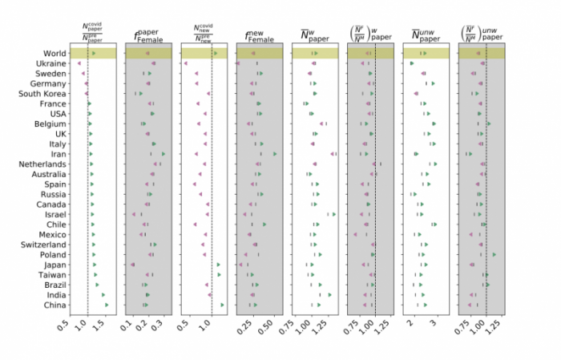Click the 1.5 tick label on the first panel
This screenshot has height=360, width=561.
pyautogui.click(x=100, y=328)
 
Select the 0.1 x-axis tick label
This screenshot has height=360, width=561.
pyautogui.click(x=127, y=328)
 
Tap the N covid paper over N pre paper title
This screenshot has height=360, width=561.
pyautogui.click(x=93, y=32)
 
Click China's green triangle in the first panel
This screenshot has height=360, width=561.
pyautogui.click(x=107, y=305)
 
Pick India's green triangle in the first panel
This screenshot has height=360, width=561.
pyautogui.click(x=103, y=294)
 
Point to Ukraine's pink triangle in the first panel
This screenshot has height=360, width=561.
pyautogui.click(x=79, y=63)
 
